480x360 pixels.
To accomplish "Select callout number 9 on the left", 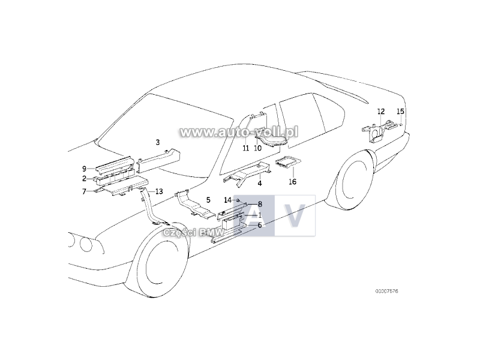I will pos(85,168).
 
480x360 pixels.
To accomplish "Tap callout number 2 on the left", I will pos(85,178).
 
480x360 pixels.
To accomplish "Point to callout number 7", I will pos(85,191).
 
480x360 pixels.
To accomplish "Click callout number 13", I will pos(158,191).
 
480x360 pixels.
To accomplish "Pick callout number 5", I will pos(208,199).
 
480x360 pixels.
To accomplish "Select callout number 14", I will pos(227,199).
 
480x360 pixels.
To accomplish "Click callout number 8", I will pos(260,204).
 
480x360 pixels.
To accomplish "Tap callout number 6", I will pos(260,225).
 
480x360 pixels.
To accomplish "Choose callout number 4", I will pos(260,182).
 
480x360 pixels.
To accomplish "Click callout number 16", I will pos(293,181).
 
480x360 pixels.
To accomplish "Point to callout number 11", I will pos(245,148).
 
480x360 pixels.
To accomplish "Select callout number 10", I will pos(257,148).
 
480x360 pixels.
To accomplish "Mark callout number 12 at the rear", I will pos(381,112).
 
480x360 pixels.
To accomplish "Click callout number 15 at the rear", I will pos(401,112).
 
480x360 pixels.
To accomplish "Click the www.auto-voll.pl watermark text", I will pos(239,131).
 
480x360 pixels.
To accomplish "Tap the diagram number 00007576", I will pos(387,291).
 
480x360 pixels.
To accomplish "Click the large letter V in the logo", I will pos(293,216).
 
